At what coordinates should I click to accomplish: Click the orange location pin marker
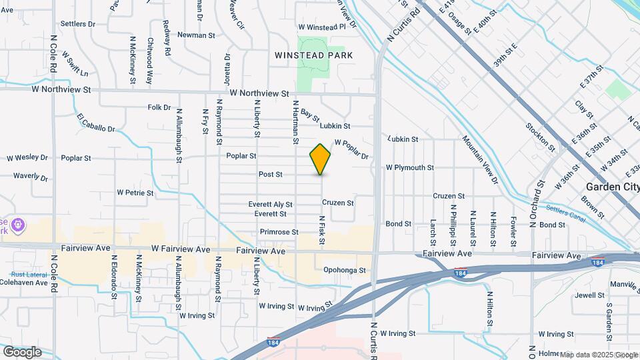(x=320, y=159)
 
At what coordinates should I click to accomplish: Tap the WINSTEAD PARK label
(x=313, y=55)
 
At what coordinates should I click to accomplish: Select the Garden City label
(x=611, y=187)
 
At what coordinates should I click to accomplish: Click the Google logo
(x=22, y=351)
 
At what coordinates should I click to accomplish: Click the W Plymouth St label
(x=410, y=168)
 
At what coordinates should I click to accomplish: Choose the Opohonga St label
(x=344, y=270)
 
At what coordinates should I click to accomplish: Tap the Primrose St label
(x=279, y=232)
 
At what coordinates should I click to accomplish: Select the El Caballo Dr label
(x=96, y=123)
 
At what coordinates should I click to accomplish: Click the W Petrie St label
(x=135, y=193)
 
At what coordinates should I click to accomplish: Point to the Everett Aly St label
(x=270, y=205)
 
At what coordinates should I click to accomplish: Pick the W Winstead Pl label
(x=322, y=27)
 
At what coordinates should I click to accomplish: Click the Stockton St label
(x=539, y=135)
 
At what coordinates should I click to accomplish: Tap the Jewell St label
(x=589, y=294)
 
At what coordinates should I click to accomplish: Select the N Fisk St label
(x=321, y=229)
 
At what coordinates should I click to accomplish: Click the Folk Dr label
(x=159, y=107)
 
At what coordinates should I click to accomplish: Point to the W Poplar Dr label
(x=351, y=149)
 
